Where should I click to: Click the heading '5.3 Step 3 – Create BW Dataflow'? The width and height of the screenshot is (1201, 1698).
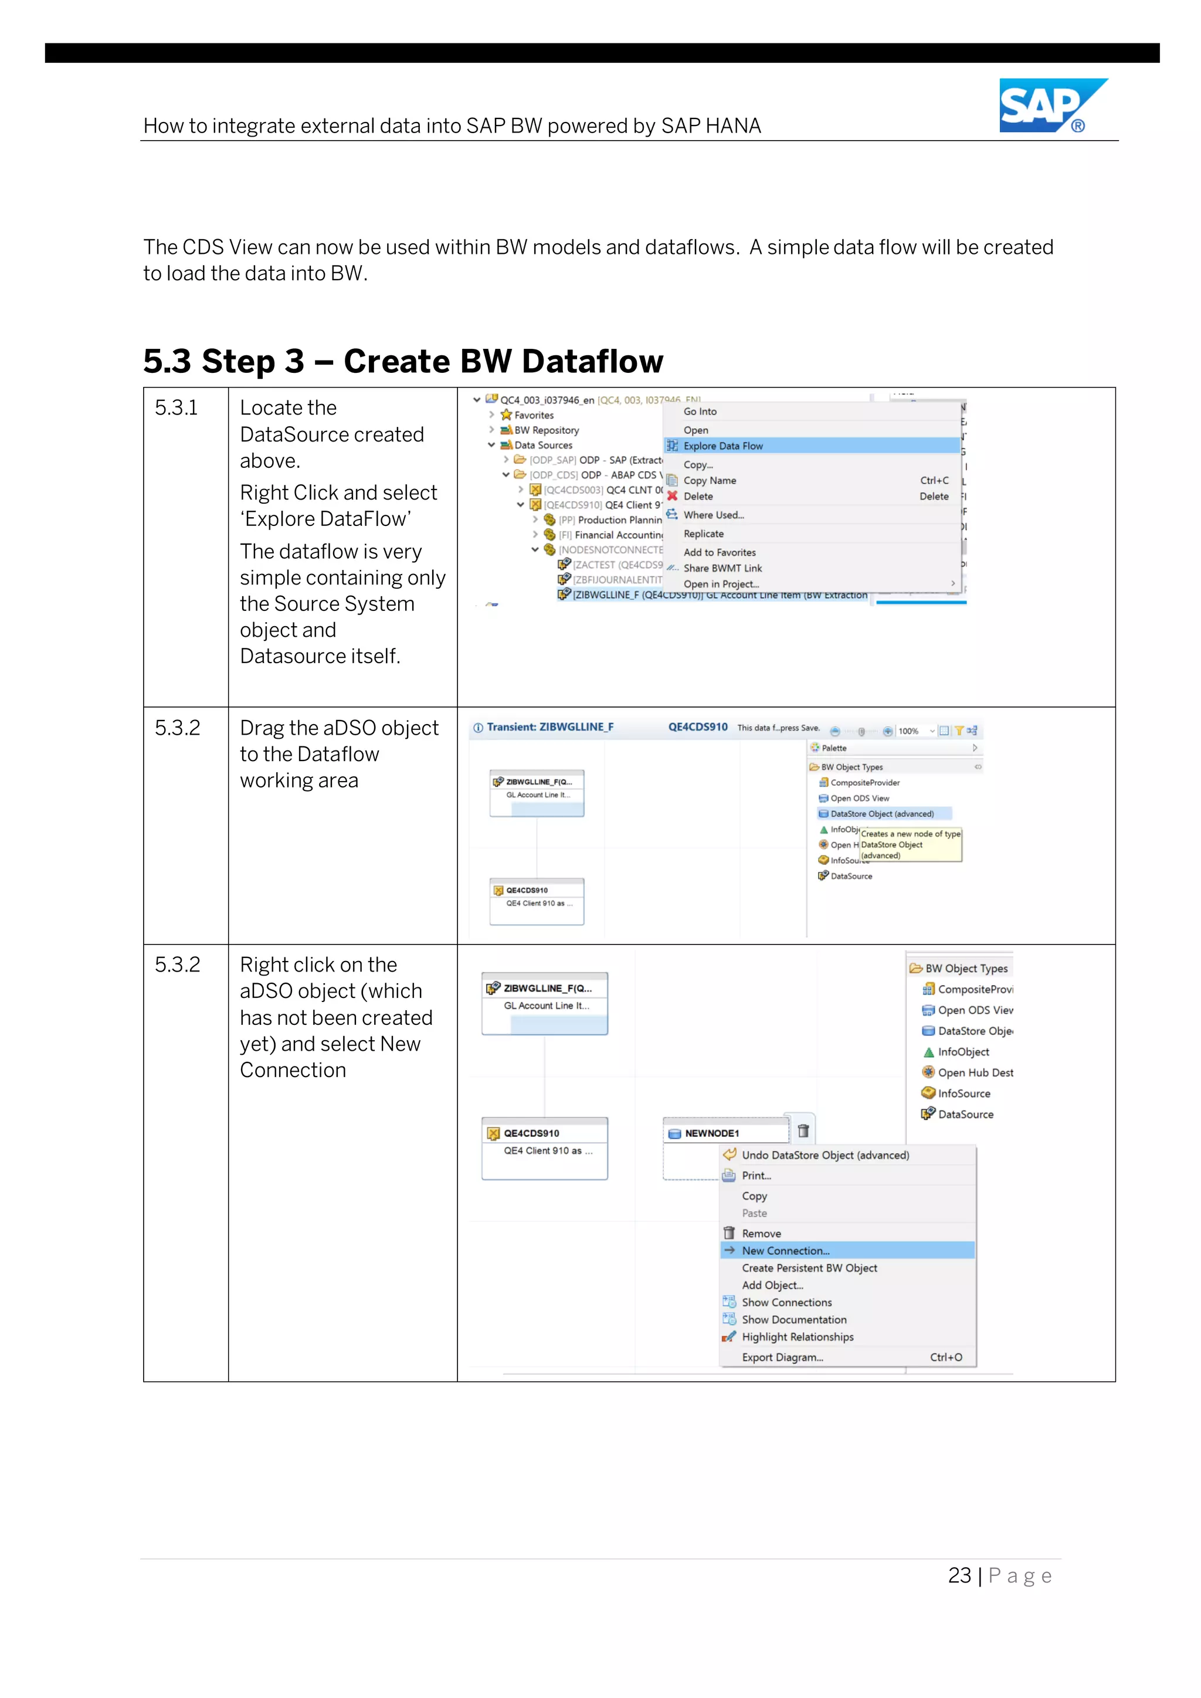click(403, 362)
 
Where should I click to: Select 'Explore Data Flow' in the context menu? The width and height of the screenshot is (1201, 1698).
click(722, 446)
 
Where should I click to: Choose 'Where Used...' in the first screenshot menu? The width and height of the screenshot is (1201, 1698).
click(714, 515)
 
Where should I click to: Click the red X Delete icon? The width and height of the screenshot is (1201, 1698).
click(672, 496)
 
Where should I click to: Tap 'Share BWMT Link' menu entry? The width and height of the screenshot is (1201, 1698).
click(722, 568)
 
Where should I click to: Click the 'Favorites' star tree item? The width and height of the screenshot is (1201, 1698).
click(533, 415)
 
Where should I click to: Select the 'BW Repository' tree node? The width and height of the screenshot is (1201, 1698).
click(546, 430)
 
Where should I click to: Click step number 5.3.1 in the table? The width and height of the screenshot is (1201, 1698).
click(176, 407)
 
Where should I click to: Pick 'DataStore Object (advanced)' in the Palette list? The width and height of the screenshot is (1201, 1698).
click(881, 813)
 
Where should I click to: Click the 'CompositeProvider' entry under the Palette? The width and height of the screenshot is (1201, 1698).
click(864, 782)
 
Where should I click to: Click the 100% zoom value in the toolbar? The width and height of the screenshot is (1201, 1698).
click(908, 731)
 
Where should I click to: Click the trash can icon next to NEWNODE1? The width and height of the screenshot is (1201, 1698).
click(803, 1131)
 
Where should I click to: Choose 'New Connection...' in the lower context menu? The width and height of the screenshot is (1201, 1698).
click(785, 1251)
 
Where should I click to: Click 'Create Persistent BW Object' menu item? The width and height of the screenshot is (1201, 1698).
click(809, 1268)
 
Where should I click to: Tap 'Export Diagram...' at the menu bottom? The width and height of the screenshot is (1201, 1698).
click(782, 1357)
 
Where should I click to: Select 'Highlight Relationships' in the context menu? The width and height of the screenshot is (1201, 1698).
click(797, 1336)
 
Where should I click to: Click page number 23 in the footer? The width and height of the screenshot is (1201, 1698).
click(959, 1575)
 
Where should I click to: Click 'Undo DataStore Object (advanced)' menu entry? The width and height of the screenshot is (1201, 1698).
click(825, 1155)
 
